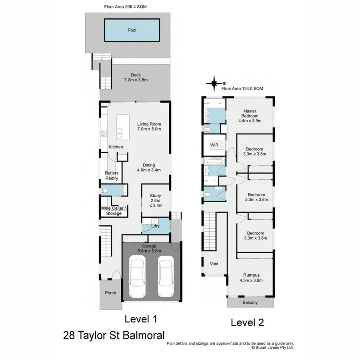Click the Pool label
point(132,30)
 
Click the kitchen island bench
point(123,128)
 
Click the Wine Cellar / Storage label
point(114,211)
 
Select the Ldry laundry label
point(156,226)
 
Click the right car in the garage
point(165,276)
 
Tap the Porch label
point(110,293)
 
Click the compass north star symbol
point(215,83)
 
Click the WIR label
point(214,145)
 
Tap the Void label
point(214,264)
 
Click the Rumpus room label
point(251,278)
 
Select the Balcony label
point(250,303)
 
